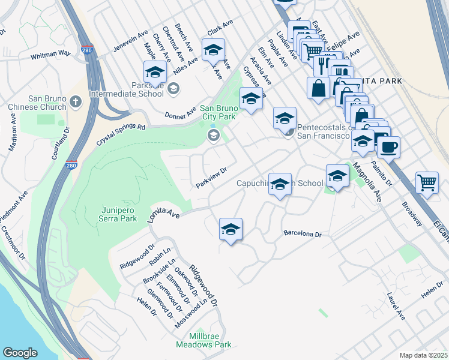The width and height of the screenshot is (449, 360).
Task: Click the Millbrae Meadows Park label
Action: click(x=203, y=340)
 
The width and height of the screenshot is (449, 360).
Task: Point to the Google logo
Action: click(x=20, y=353)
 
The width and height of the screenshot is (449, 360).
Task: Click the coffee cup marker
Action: click(x=388, y=147)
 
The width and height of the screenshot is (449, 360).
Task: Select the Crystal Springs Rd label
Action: click(x=121, y=136)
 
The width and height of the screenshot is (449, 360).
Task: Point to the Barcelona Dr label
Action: click(x=303, y=233)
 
